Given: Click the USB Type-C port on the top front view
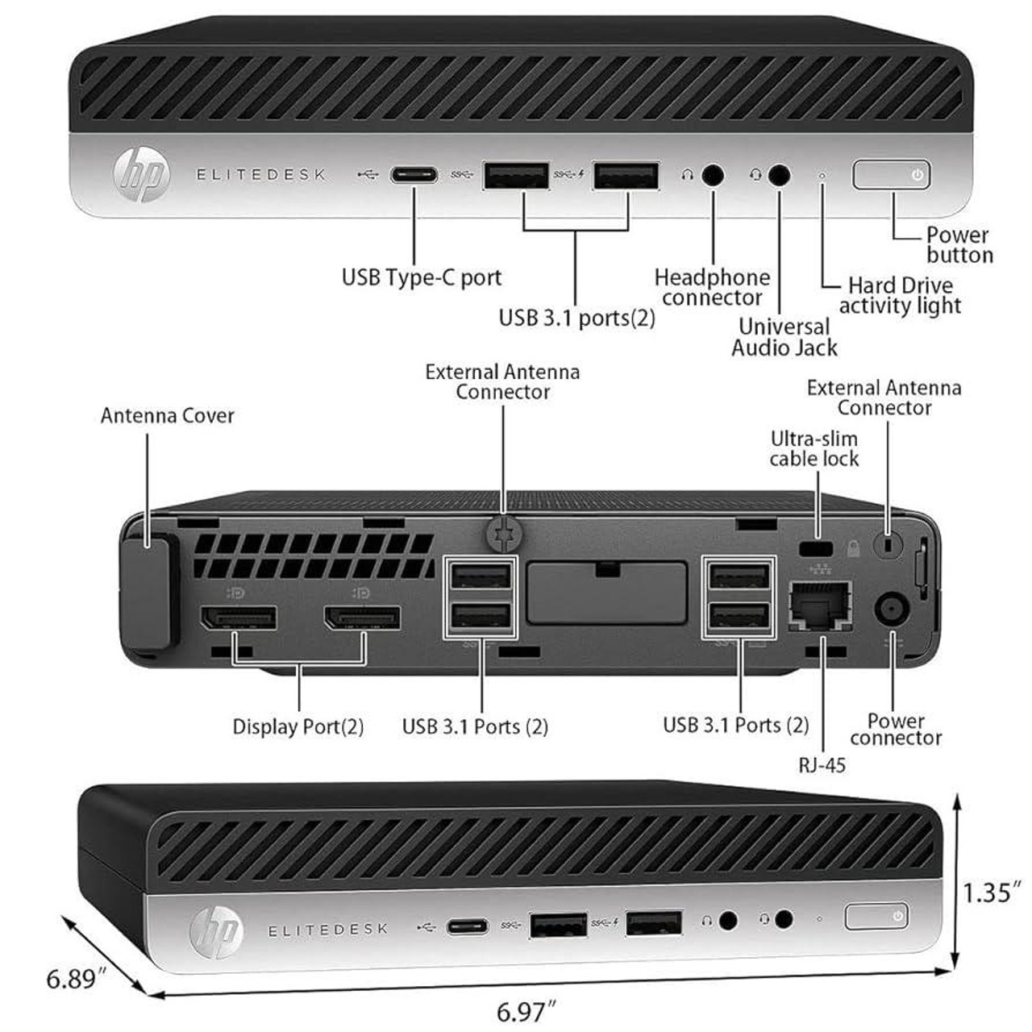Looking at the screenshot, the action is tap(414, 175).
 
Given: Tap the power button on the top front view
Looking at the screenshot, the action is tap(892, 175).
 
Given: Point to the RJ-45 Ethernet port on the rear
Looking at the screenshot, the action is tap(821, 605).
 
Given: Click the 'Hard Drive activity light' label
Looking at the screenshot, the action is tap(900, 296).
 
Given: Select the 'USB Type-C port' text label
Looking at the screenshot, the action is tap(422, 278).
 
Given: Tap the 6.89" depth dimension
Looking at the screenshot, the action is tap(77, 979).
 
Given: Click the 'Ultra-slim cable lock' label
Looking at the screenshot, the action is tap(814, 449).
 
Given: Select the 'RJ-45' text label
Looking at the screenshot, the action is tap(822, 764).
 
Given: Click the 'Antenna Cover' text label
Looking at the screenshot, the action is tap(168, 416).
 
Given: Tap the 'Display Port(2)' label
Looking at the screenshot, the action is tap(298, 726).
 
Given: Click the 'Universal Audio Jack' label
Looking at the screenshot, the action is tap(784, 337).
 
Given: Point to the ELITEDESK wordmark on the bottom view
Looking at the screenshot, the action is tap(328, 930).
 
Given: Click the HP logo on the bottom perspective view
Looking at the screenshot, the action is tap(216, 930).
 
